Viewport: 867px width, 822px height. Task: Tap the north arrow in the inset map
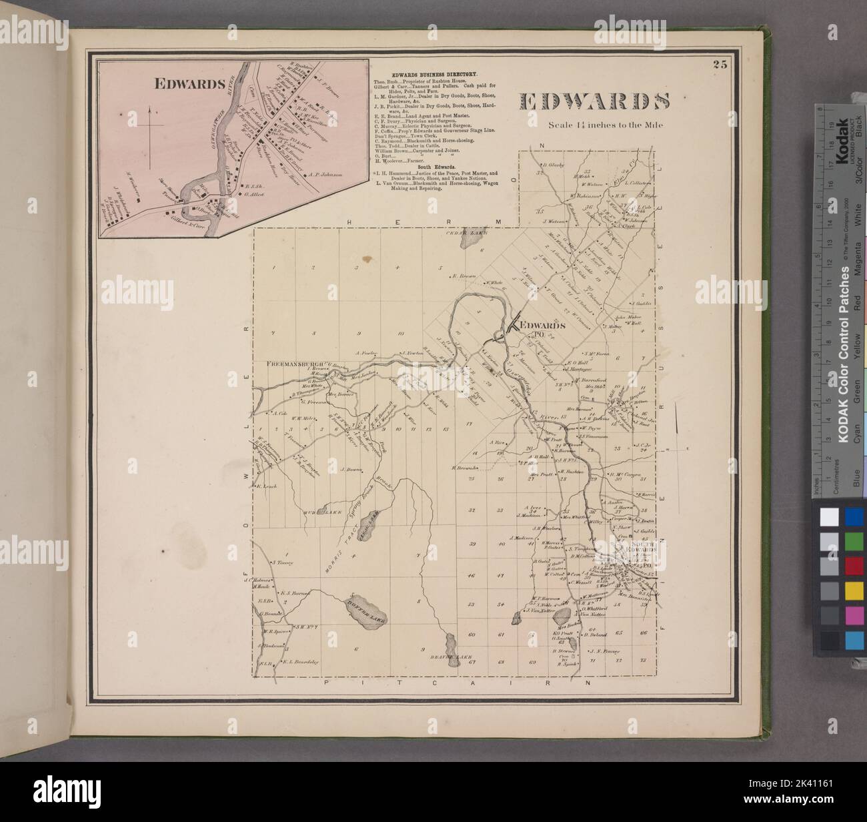152,123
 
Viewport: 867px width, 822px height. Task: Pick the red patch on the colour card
854,566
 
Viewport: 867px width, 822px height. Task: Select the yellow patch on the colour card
854,590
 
